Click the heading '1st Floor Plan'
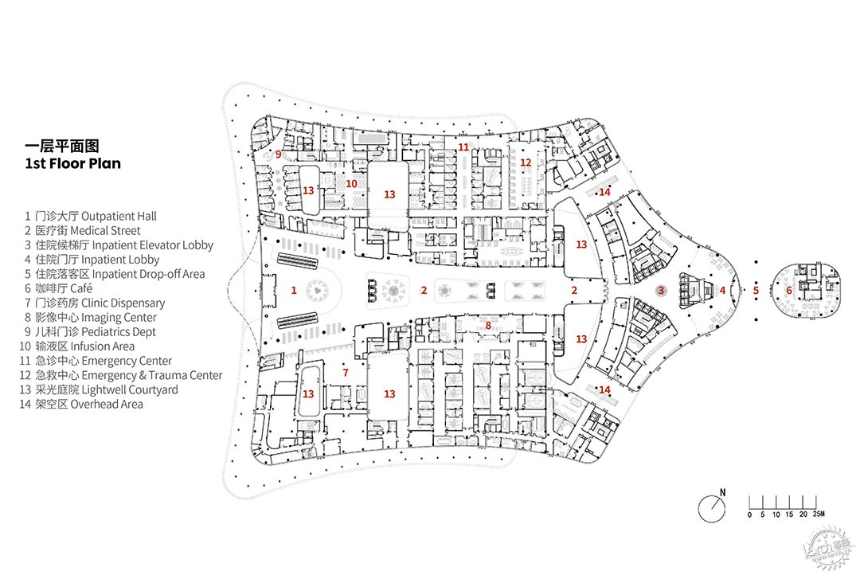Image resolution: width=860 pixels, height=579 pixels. coord(73,163)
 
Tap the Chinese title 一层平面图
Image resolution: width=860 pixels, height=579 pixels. coord(62,146)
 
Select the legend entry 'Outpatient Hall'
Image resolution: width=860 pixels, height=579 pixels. coord(119,217)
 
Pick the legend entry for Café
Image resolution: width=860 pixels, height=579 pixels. coord(81,288)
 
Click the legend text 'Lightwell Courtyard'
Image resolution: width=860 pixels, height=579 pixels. coord(130,389)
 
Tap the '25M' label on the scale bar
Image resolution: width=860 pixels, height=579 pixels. coord(819,514)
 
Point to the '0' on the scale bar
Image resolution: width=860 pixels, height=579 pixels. coord(750,514)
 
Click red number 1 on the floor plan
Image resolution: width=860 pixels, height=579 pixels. coord(294,290)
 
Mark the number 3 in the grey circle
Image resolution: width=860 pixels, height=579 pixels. coord(661,291)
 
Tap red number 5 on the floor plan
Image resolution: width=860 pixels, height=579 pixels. coord(756,291)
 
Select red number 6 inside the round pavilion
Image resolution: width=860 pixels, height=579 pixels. coord(789,291)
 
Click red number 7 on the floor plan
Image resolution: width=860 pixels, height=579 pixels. coord(346,373)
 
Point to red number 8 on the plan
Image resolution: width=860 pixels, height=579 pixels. coord(488,326)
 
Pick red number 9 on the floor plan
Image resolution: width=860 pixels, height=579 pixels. coord(279,155)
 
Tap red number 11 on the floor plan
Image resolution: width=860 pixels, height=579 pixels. coord(464,147)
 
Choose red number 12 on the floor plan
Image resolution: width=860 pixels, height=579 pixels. coord(526,162)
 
